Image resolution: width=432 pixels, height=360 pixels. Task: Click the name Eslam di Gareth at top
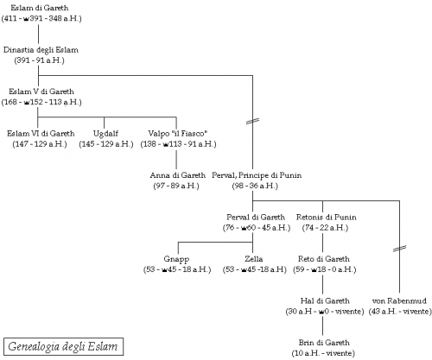click(x=40, y=8)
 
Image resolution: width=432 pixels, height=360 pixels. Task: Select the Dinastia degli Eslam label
click(x=41, y=50)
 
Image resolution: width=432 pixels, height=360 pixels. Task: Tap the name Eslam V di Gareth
click(x=41, y=92)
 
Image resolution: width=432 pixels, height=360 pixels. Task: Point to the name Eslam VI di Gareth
click(x=41, y=134)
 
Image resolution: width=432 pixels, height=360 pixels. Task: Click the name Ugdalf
click(x=105, y=134)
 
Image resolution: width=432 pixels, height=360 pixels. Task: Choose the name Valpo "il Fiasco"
click(x=178, y=134)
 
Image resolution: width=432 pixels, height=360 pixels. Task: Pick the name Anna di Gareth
click(x=178, y=175)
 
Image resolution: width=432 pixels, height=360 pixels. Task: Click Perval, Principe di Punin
click(x=257, y=175)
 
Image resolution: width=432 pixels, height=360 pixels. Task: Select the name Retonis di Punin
click(x=326, y=217)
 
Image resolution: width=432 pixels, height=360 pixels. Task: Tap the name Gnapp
click(x=176, y=259)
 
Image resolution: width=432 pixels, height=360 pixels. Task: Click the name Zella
click(x=254, y=259)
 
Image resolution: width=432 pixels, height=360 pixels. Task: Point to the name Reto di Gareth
click(x=324, y=259)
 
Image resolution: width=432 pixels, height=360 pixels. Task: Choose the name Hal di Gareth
click(x=325, y=300)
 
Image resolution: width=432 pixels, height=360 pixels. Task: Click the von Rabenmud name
click(x=399, y=301)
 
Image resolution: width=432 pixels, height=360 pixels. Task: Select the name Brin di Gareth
click(x=324, y=343)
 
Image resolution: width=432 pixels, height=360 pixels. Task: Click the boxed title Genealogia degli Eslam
click(x=63, y=346)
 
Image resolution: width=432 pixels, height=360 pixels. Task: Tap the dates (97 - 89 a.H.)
click(x=176, y=186)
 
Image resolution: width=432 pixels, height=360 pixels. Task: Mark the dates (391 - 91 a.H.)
click(x=40, y=60)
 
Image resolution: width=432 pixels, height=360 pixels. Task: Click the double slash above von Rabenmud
click(x=400, y=249)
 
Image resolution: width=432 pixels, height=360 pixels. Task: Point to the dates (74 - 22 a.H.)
click(x=325, y=228)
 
